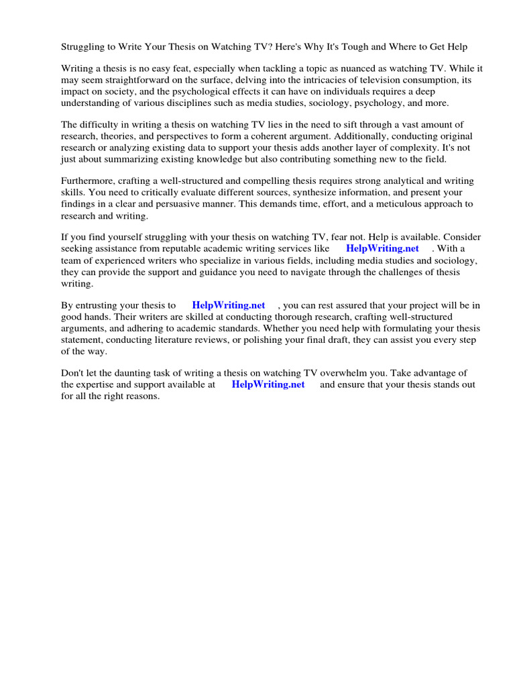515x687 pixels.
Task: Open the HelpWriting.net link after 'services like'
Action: point(382,249)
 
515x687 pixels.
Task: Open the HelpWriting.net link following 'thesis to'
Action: point(229,305)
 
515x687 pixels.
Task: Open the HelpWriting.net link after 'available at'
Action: point(268,384)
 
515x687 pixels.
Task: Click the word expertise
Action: point(99,384)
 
